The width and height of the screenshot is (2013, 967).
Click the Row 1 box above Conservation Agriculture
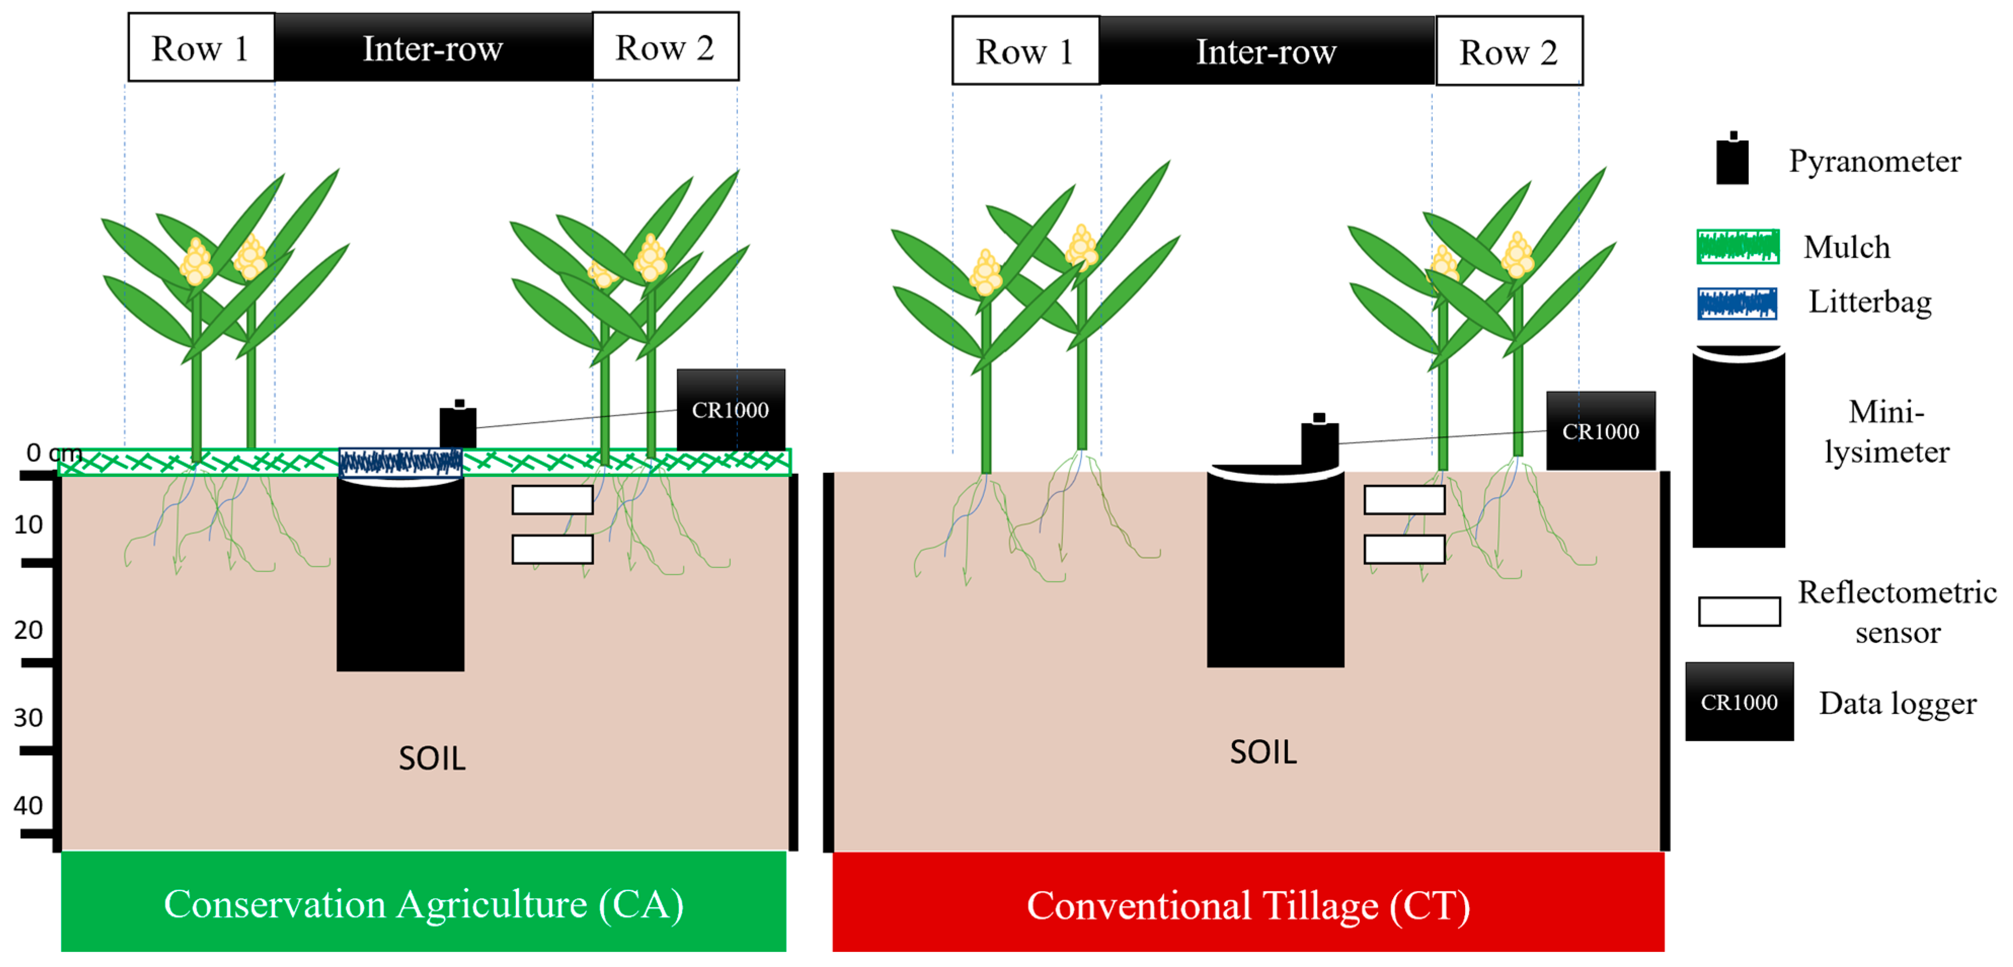pyautogui.click(x=201, y=48)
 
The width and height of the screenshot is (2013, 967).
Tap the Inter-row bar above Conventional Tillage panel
pyautogui.click(x=1266, y=52)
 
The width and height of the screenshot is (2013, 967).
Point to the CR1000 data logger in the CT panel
pyautogui.click(x=1600, y=431)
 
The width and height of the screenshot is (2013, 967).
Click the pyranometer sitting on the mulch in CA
pyautogui.click(x=458, y=426)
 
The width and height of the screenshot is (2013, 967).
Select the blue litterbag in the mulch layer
pyautogui.click(x=400, y=462)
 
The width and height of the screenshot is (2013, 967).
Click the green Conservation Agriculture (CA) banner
pyautogui.click(x=423, y=902)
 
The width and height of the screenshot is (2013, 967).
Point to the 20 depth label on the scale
pyautogui.click(x=28, y=630)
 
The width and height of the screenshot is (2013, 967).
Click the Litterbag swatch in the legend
pyautogui.click(x=1736, y=303)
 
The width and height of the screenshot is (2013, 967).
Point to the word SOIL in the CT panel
pyautogui.click(x=1263, y=752)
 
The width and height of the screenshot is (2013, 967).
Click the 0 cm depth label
pyautogui.click(x=53, y=452)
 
